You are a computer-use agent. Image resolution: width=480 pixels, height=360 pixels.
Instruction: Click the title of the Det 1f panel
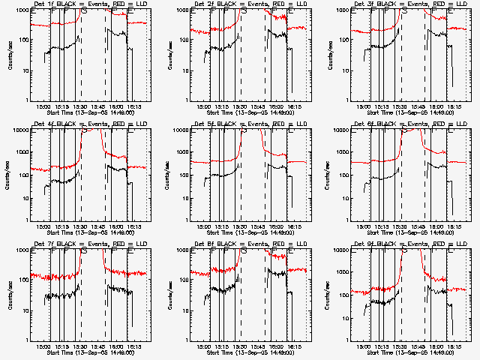tap(90, 4)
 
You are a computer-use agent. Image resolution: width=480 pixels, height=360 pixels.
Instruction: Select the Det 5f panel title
tap(250, 124)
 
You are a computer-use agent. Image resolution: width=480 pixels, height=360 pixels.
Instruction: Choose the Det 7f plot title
tap(90, 244)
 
